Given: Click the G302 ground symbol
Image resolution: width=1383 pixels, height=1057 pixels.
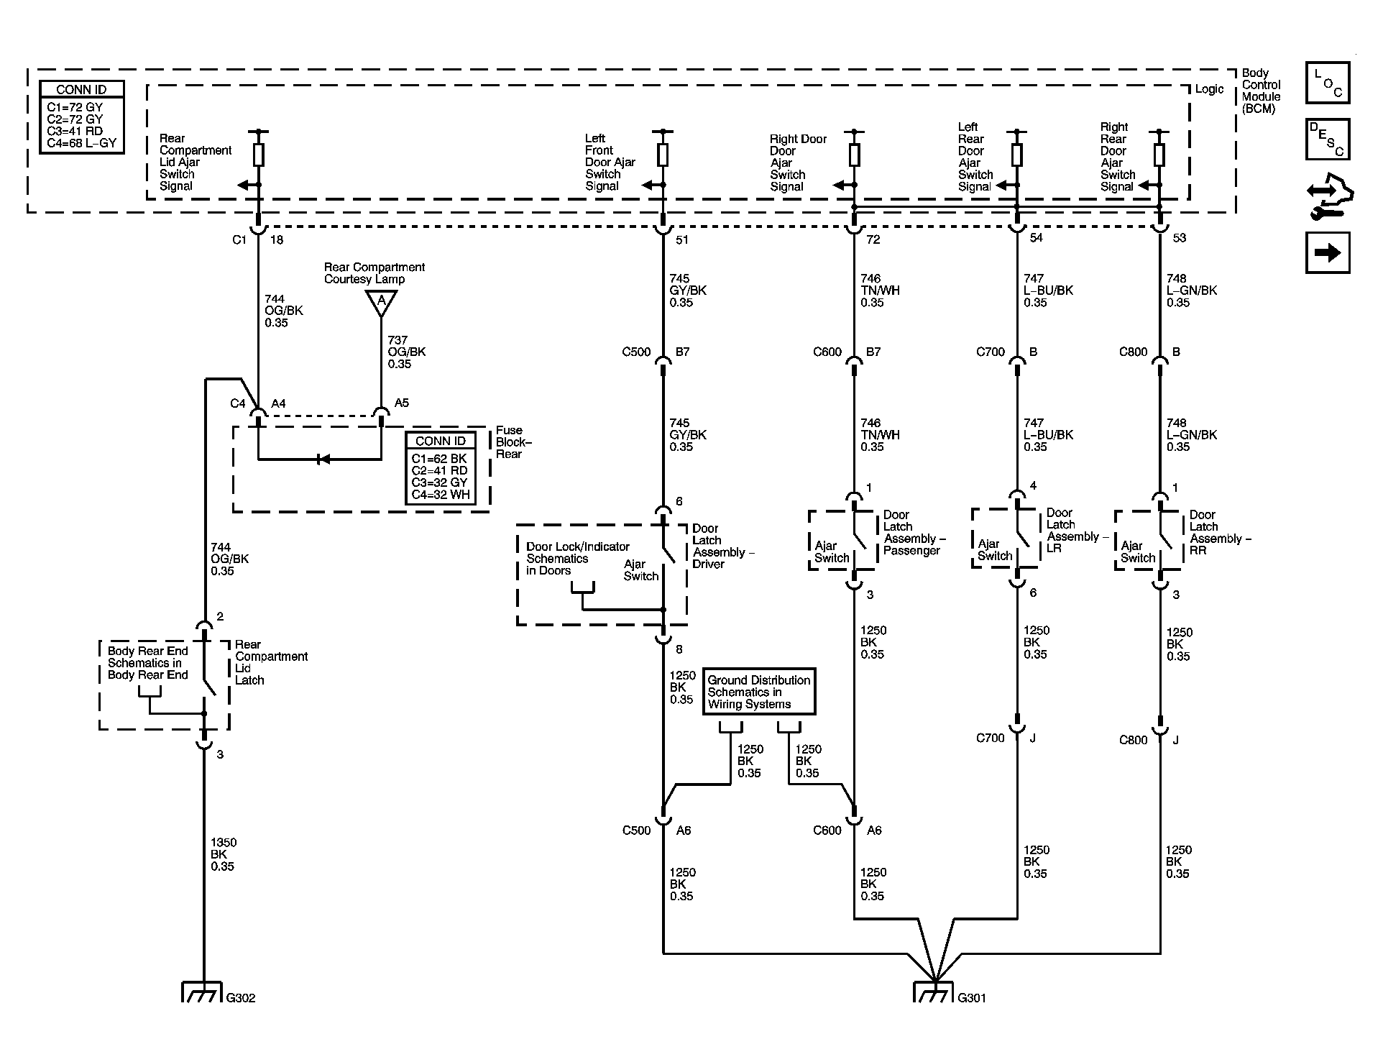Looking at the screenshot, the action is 202,992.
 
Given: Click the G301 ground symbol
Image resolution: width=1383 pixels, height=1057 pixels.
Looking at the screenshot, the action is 934,992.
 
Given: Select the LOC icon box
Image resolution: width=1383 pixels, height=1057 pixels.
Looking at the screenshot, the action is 1327,83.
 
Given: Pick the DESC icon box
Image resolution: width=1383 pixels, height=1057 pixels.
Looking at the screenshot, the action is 1327,139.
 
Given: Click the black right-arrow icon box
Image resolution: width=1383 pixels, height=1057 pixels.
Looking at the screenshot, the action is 1327,252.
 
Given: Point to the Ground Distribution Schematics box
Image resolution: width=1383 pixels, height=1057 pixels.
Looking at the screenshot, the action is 759,692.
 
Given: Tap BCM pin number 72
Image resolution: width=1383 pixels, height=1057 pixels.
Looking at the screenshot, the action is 873,239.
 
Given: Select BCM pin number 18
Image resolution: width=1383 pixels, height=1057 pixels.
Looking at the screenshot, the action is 277,240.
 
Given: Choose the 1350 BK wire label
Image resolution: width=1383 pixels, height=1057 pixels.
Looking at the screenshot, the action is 224,854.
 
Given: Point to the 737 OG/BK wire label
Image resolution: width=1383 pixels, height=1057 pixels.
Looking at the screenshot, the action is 407,352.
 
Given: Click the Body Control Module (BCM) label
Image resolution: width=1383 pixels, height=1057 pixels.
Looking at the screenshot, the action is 1262,91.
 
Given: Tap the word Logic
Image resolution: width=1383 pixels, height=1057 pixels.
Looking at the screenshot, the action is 1209,89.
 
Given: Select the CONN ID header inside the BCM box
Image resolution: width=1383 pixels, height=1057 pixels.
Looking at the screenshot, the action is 81,90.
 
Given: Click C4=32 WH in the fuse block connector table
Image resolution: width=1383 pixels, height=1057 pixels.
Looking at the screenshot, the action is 440,495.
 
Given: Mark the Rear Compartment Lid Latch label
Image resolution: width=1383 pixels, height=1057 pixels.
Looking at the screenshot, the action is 271,662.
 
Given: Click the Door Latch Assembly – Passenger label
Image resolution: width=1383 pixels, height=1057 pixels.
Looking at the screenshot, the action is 914,533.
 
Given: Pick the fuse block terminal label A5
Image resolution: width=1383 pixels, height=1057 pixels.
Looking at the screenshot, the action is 402,403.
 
